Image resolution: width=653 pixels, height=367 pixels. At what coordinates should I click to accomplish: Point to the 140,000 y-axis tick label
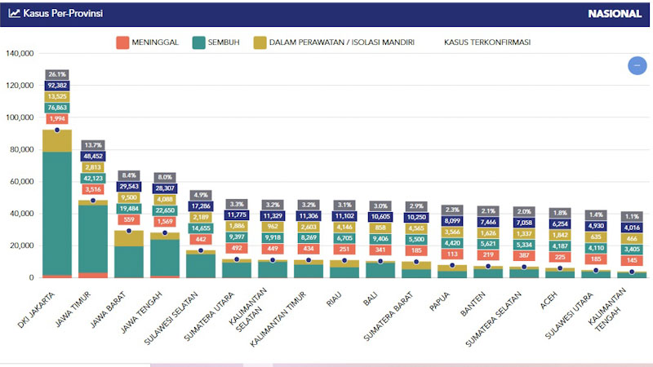pyautogui.click(x=19, y=54)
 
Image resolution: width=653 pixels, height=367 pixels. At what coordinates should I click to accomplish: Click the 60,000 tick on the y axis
pyautogui.click(x=20, y=182)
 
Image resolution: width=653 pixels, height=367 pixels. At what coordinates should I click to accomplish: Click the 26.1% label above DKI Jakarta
pyautogui.click(x=57, y=74)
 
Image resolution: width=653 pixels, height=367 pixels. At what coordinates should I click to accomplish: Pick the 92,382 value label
pyautogui.click(x=57, y=86)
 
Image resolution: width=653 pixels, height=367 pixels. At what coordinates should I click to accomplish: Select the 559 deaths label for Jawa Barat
pyautogui.click(x=129, y=219)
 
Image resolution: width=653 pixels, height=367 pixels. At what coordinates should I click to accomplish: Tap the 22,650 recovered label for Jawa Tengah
pyautogui.click(x=165, y=210)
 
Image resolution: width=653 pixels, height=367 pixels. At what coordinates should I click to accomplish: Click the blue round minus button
pyautogui.click(x=637, y=65)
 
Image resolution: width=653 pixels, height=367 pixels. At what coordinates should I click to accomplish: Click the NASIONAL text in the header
pyautogui.click(x=613, y=13)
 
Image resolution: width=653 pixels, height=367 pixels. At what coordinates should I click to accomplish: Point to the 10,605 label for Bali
pyautogui.click(x=380, y=216)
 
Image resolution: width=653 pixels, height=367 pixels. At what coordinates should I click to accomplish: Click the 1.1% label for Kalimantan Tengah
pyautogui.click(x=631, y=216)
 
